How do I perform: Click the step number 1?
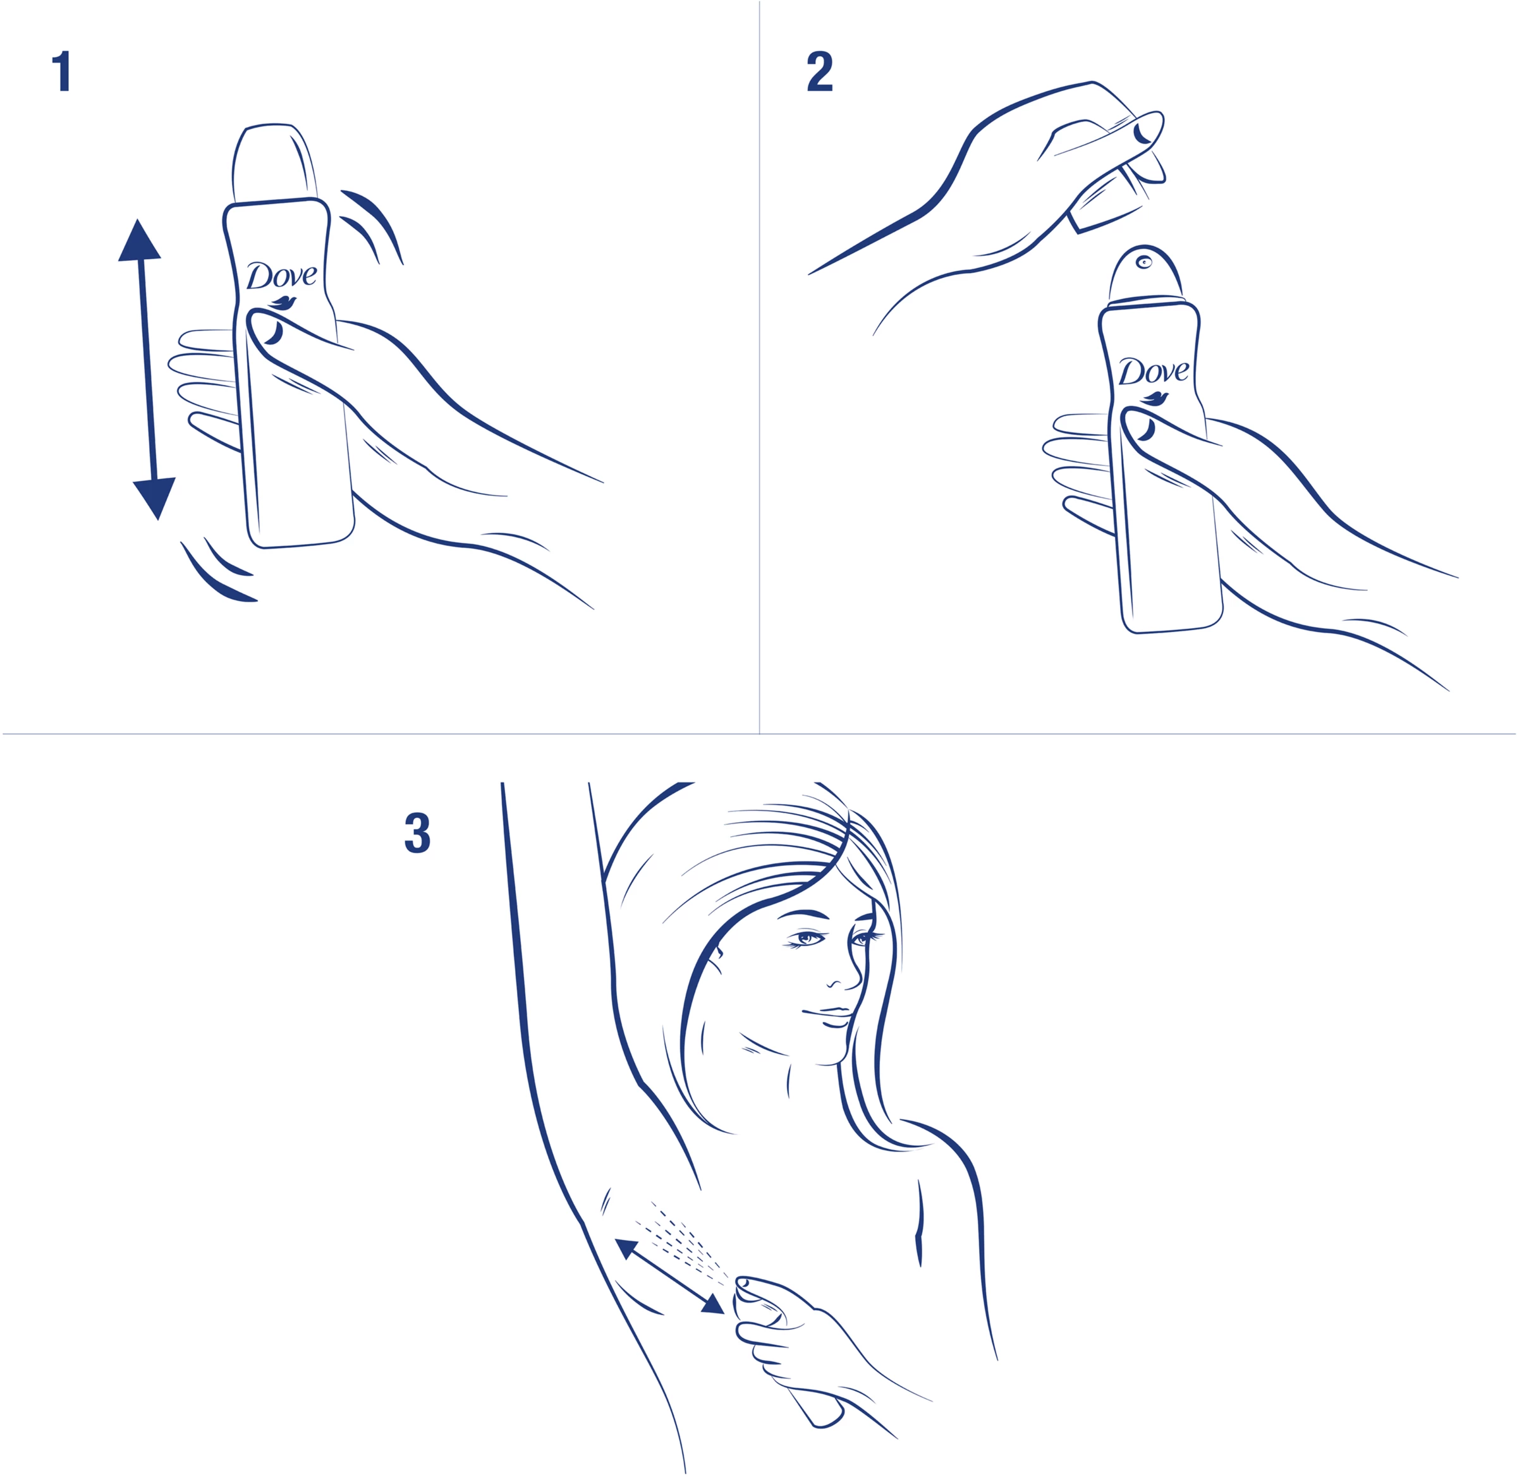pos(61,71)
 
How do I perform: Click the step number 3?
pos(417,833)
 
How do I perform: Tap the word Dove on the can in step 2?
pos(1153,372)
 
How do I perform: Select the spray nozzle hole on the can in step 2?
pos(1144,262)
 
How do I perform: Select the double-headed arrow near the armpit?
pos(669,1276)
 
